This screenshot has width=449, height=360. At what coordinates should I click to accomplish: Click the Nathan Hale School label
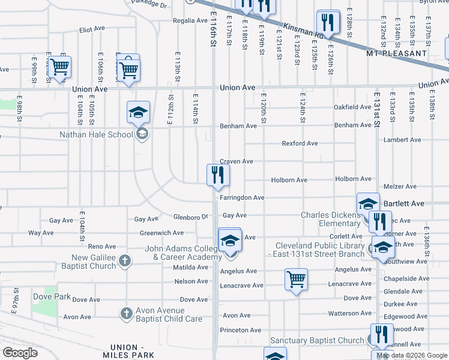96,134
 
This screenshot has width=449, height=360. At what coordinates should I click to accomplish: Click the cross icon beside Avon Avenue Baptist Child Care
126,313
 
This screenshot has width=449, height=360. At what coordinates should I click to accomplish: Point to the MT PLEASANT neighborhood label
396,53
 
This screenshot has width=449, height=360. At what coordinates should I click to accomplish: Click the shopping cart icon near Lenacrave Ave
297,279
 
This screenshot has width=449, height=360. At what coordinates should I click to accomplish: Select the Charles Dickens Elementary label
330,219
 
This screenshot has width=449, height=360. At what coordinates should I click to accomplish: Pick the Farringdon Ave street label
242,197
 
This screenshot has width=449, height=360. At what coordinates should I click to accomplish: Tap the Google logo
20,352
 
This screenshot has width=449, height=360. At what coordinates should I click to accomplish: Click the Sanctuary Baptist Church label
317,340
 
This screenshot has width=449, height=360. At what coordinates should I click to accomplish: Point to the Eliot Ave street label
92,29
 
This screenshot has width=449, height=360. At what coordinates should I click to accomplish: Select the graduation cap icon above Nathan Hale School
138,112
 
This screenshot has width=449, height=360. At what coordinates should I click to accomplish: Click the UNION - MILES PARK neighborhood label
134,351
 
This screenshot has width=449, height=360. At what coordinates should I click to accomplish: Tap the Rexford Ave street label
300,143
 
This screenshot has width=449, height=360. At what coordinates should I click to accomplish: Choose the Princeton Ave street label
241,330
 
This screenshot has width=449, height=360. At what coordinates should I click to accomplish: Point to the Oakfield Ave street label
352,107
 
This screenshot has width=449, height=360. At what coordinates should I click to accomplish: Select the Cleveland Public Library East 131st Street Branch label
320,250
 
